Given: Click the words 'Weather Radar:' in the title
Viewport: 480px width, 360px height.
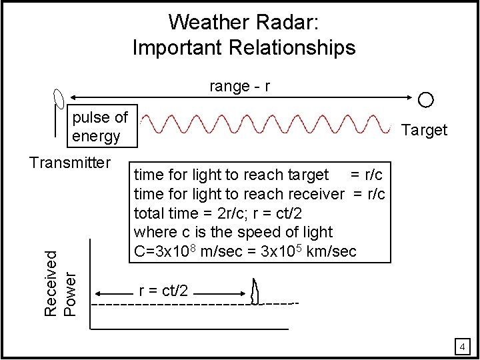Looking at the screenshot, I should tap(244, 22).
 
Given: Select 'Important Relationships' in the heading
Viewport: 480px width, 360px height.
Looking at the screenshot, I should tap(244, 48).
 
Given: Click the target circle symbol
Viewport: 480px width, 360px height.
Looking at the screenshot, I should tap(426, 101).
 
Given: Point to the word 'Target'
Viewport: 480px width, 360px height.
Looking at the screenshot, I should tap(425, 130).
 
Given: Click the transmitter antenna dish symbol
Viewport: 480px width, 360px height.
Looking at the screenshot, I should tap(58, 99).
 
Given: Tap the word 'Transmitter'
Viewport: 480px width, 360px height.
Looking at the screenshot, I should tap(69, 162).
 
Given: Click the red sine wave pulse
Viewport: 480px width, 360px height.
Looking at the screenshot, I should tap(267, 125).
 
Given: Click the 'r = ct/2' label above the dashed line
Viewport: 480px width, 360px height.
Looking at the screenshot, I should tap(163, 291).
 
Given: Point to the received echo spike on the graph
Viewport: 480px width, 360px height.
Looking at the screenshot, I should tap(255, 292).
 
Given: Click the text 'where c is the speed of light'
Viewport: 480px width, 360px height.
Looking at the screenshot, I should tap(233, 232).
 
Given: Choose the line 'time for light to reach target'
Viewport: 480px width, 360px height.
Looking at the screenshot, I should tap(231, 175).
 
